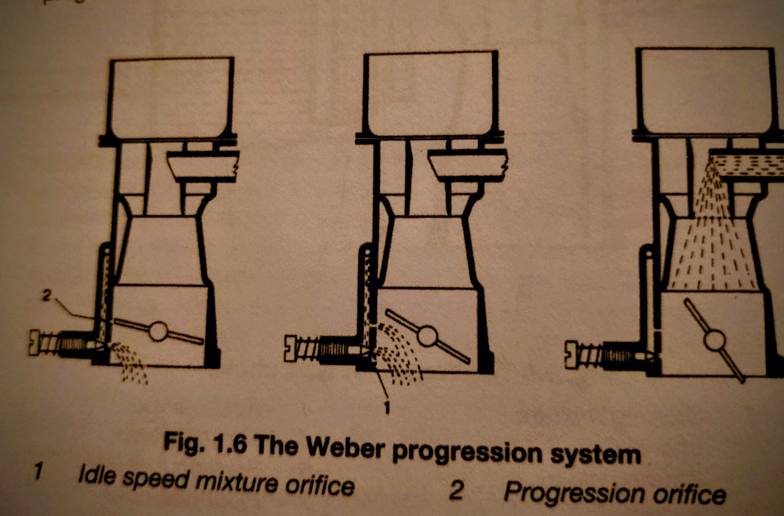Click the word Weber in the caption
click(x=344, y=446)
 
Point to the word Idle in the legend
click(x=97, y=475)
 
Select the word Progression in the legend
click(x=573, y=493)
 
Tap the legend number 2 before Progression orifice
click(x=456, y=490)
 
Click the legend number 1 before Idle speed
click(x=38, y=470)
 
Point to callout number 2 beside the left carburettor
click(x=47, y=296)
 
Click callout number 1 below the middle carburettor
click(x=387, y=407)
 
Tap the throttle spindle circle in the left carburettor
click(x=158, y=331)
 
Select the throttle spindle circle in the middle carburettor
click(x=427, y=336)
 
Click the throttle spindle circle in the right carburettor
click(x=714, y=341)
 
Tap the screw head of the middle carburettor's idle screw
click(x=290, y=348)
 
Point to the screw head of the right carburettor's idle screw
click(x=571, y=355)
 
